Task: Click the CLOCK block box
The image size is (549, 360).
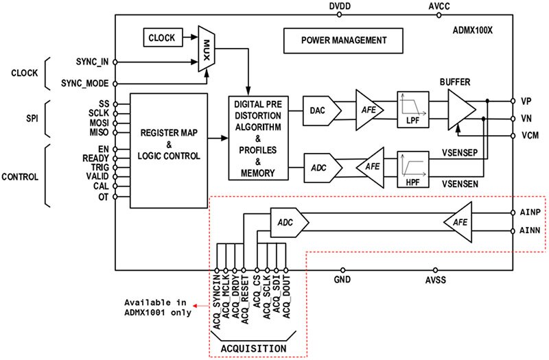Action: pyautogui.click(x=161, y=38)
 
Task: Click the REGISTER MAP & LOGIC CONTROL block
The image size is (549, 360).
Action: pyautogui.click(x=167, y=150)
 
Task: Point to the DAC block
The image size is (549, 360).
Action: pyautogui.click(x=318, y=110)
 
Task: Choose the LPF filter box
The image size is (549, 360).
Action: pyautogui.click(x=412, y=108)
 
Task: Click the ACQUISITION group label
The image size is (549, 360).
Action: pyautogui.click(x=253, y=348)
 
